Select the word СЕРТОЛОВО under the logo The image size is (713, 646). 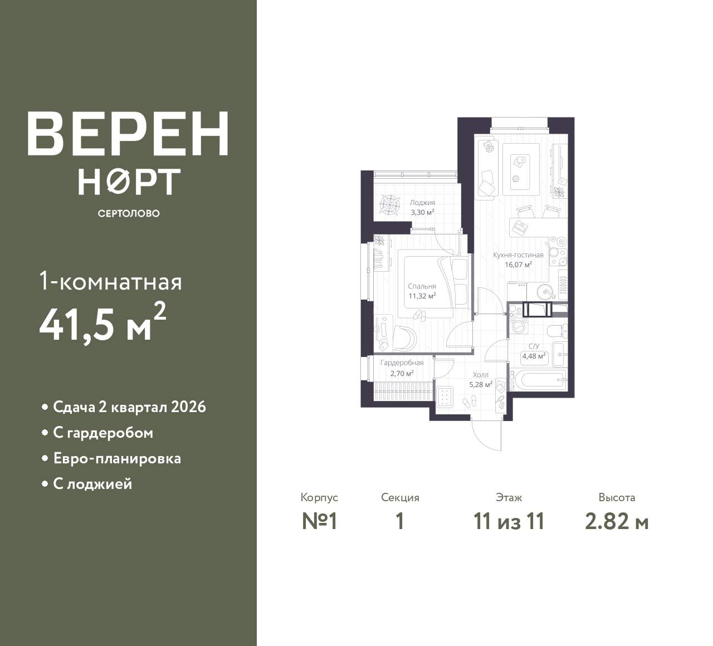pos(128,213)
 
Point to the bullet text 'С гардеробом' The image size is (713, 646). pos(102,433)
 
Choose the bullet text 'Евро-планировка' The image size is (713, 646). pos(117,459)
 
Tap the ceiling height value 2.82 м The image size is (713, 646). pos(617,522)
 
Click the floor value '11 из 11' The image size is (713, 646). pos(509,522)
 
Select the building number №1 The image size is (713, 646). pos(320,522)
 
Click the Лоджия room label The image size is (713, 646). pos(422,203)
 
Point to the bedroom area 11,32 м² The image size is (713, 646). pos(422,296)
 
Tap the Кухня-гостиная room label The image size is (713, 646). pos(518,255)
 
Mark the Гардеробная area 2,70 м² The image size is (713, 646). pos(402,373)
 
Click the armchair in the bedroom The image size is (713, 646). pos(405,337)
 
